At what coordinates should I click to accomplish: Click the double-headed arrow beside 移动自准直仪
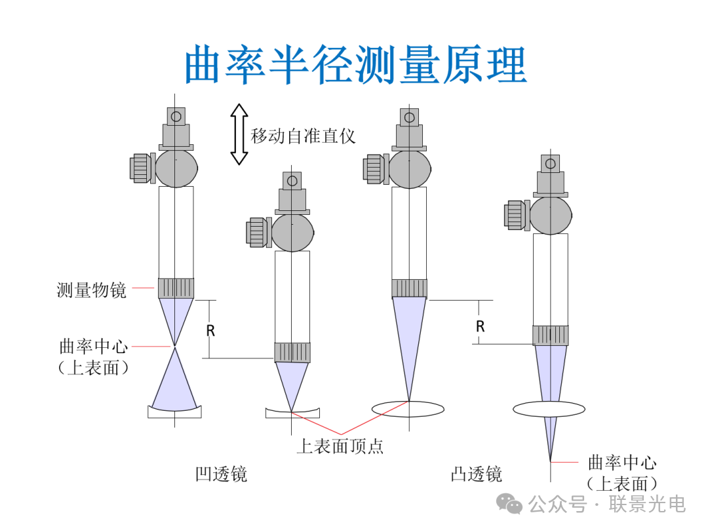tap(239, 134)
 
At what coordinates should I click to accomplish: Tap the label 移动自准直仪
tap(303, 136)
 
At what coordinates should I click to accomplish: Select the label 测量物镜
tap(91, 290)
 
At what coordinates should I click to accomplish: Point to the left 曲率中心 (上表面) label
tap(93, 356)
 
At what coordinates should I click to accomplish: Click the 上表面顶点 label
tap(340, 446)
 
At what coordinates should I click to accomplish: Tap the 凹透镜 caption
tap(221, 474)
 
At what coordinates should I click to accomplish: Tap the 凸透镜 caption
tap(476, 474)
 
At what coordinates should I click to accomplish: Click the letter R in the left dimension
tap(210, 331)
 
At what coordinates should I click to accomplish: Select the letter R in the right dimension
tap(481, 326)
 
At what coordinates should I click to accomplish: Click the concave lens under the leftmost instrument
tap(174, 411)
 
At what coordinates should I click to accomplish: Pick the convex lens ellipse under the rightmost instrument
tap(549, 409)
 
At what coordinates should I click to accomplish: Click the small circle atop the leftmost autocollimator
tap(176, 117)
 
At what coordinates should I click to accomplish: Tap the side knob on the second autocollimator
tap(256, 233)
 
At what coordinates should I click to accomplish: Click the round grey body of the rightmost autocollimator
tap(551, 216)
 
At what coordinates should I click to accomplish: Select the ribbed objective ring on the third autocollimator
tap(409, 288)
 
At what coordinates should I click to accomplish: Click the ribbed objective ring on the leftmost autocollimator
tap(176, 288)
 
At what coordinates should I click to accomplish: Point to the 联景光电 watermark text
tap(647, 504)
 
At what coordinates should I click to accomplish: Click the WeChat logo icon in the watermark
tap(509, 503)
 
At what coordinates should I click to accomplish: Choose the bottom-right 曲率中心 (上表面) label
tap(621, 473)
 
